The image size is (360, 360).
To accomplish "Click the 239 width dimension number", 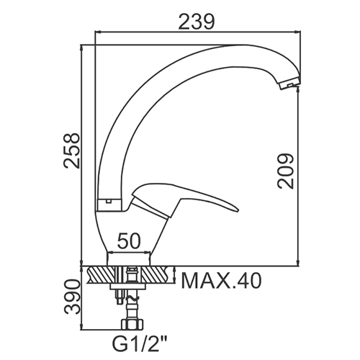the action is click(x=196, y=22).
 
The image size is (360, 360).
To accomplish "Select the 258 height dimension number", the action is click(x=71, y=150).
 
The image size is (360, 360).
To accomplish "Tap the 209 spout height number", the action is click(x=285, y=171).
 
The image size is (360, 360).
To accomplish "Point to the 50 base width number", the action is click(x=128, y=240).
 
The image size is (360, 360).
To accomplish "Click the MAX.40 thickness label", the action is click(x=221, y=281).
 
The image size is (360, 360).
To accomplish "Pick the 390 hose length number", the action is click(x=71, y=297).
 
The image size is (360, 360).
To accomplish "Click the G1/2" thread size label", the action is click(x=140, y=343).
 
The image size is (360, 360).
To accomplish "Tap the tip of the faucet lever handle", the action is click(x=238, y=211).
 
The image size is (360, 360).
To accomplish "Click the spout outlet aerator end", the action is click(x=290, y=84).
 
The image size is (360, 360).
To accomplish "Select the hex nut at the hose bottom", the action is click(x=132, y=325).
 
